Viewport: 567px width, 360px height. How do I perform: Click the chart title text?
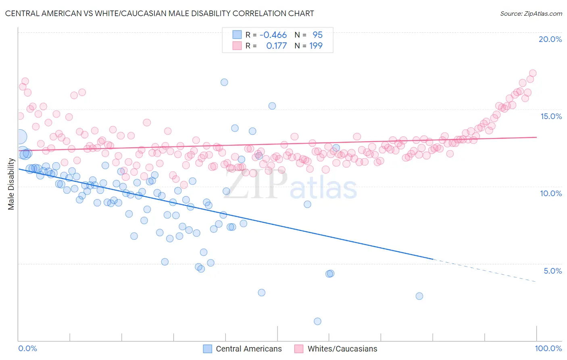pyautogui.click(x=159, y=13)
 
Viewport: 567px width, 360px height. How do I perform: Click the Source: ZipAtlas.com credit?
pyautogui.click(x=531, y=13)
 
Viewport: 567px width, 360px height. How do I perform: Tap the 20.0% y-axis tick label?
pyautogui.click(x=550, y=39)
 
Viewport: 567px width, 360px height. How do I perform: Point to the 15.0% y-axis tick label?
pyautogui.click(x=551, y=116)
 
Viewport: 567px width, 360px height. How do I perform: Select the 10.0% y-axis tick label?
pyautogui.click(x=551, y=193)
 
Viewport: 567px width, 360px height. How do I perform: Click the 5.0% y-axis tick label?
pyautogui.click(x=552, y=271)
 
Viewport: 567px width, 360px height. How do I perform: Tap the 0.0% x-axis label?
pyautogui.click(x=27, y=348)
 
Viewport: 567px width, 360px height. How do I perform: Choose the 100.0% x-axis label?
pyautogui.click(x=548, y=348)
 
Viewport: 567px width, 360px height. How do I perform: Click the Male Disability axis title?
pyautogui.click(x=11, y=184)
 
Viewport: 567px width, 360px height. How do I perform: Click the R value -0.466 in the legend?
pyautogui.click(x=273, y=35)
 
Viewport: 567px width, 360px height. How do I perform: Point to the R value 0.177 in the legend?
pyautogui.click(x=276, y=46)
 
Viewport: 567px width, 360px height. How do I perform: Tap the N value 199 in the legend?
pyautogui.click(x=316, y=46)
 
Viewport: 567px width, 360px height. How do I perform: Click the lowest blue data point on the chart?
pyautogui.click(x=317, y=321)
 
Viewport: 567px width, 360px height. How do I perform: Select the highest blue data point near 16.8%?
pyautogui.click(x=224, y=82)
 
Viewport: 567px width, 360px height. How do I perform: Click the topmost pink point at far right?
pyautogui.click(x=532, y=73)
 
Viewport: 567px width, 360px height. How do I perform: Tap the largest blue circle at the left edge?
pyautogui.click(x=20, y=137)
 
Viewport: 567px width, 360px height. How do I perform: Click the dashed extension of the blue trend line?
pyautogui.click(x=484, y=270)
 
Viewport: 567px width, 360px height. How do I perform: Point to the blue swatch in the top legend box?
pyautogui.click(x=237, y=35)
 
